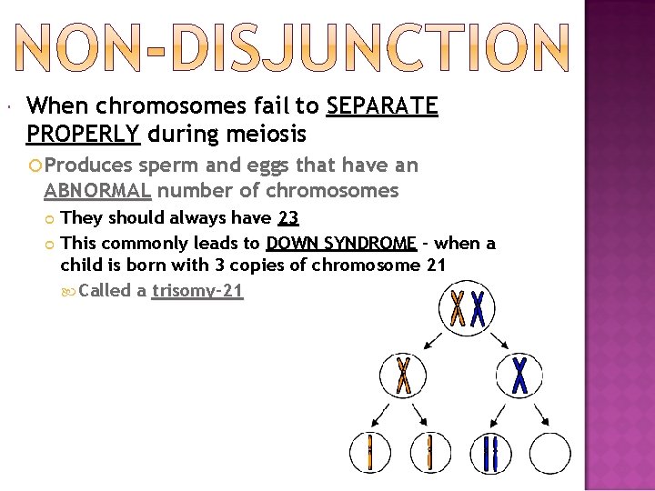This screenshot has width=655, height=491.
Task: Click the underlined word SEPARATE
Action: (382, 107)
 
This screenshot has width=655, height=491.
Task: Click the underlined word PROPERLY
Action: (83, 135)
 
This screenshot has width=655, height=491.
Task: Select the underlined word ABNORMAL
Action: (97, 191)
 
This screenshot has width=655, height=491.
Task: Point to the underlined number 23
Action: (287, 218)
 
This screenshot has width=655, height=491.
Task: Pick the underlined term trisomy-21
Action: (197, 292)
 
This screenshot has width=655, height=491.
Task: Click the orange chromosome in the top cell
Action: (457, 309)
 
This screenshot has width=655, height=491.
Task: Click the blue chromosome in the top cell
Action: (477, 309)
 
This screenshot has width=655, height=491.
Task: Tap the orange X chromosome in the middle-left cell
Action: (403, 375)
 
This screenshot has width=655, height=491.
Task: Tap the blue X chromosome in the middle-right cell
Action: (519, 375)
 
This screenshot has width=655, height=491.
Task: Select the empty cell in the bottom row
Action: (549, 452)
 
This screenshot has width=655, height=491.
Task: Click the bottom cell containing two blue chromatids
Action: (491, 452)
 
